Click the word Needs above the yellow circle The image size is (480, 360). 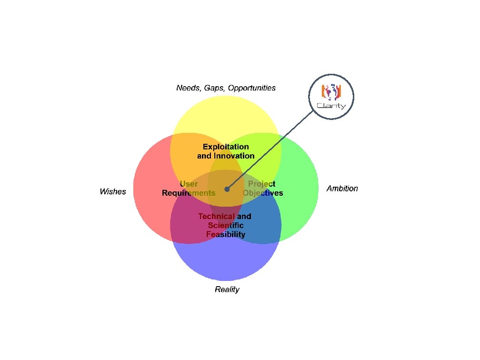(x=187, y=88)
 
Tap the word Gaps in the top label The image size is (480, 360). (x=214, y=88)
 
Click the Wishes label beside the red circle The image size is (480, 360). (x=113, y=191)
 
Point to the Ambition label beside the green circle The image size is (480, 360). (x=342, y=189)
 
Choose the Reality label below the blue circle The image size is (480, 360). (x=227, y=290)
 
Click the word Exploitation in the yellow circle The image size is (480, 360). (x=226, y=147)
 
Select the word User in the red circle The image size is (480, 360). (x=189, y=184)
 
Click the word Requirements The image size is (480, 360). (x=189, y=193)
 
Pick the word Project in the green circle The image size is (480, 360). (x=262, y=184)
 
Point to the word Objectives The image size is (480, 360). (x=263, y=193)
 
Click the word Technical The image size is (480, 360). (x=217, y=216)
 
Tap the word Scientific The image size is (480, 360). (x=226, y=225)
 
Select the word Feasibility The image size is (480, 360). (x=226, y=234)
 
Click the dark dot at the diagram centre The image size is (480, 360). (x=227, y=189)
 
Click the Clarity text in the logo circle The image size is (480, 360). (x=331, y=105)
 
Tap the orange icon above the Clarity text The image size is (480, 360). (x=331, y=91)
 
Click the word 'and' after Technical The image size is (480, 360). (x=244, y=216)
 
